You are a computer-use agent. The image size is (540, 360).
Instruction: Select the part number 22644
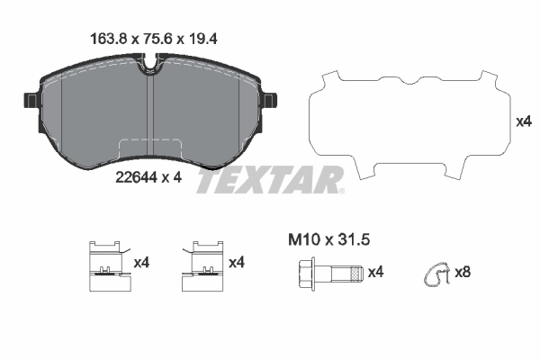134,178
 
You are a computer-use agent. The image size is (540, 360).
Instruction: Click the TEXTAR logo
269,179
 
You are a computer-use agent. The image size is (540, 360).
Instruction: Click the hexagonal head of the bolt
303,271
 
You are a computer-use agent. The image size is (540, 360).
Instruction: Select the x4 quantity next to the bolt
376,271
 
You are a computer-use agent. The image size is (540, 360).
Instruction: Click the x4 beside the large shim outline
521,121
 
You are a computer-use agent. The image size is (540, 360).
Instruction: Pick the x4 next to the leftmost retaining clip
141,262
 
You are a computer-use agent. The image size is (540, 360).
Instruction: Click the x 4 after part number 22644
172,178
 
